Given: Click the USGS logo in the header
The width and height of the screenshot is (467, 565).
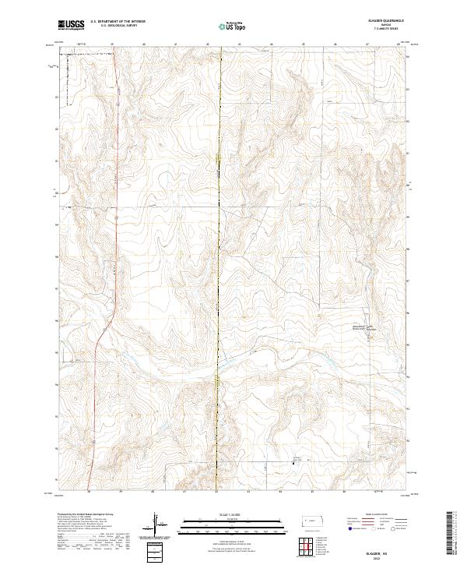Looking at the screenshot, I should point(72,25).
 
